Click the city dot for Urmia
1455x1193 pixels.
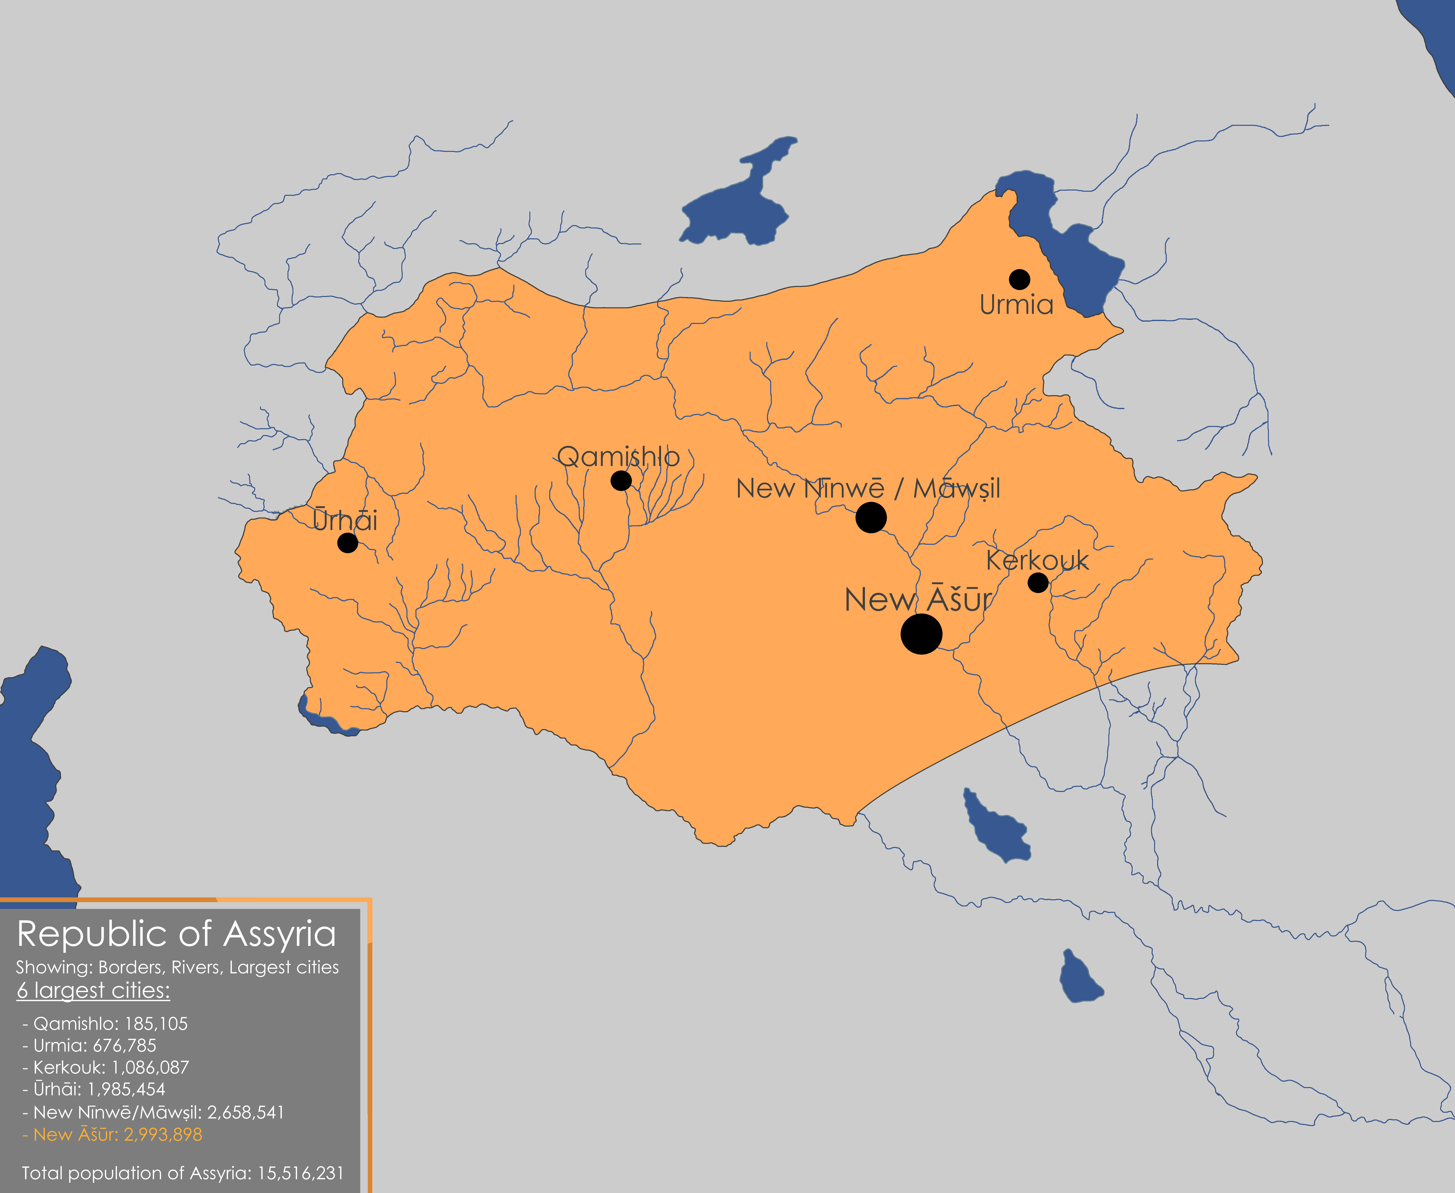click(x=1019, y=279)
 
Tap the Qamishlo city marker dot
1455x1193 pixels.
click(x=621, y=480)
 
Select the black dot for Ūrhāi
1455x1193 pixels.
click(x=348, y=543)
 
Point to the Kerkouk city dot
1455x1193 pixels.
click(x=1038, y=583)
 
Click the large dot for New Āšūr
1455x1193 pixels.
click(x=921, y=634)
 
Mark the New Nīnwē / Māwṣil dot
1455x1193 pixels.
click(x=871, y=517)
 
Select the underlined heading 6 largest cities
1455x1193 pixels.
click(x=93, y=990)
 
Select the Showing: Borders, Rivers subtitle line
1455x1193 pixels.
click(x=177, y=968)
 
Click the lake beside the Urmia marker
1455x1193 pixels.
click(x=1072, y=254)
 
